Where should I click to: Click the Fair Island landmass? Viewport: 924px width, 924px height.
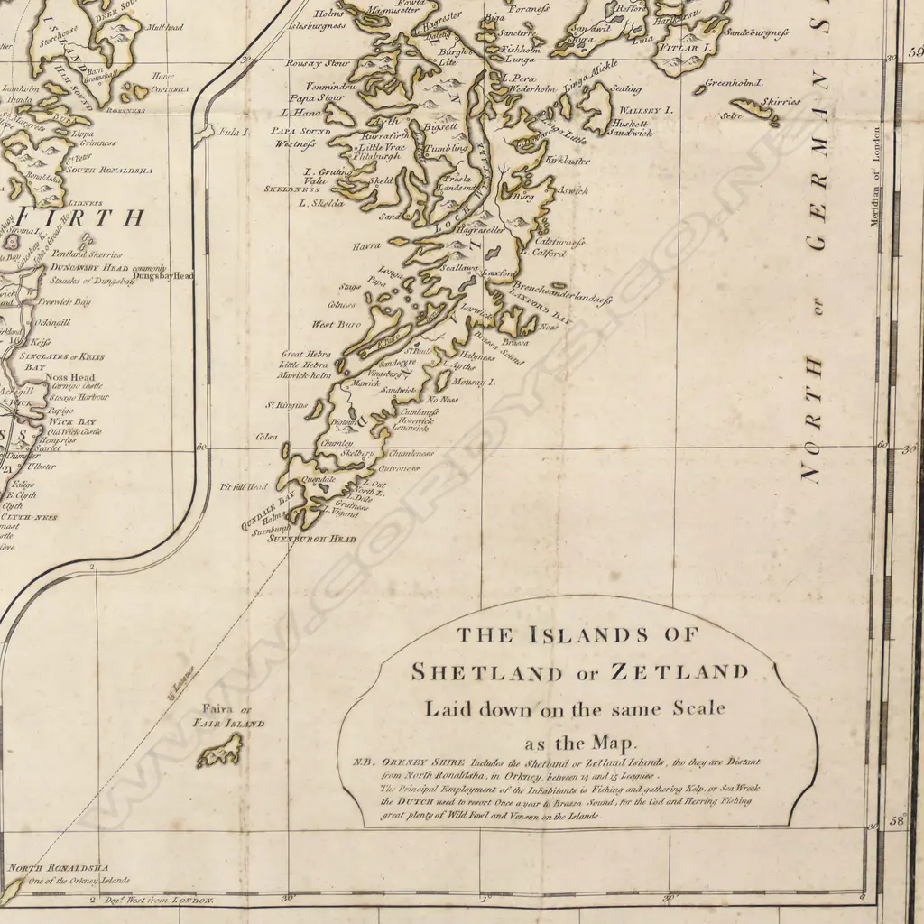[221, 750]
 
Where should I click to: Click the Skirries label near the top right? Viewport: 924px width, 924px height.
[780, 102]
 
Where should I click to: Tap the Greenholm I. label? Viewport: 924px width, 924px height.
[735, 82]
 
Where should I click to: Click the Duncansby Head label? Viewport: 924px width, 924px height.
[86, 268]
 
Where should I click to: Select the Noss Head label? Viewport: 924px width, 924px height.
[70, 377]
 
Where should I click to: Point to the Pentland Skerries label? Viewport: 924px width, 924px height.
[86, 255]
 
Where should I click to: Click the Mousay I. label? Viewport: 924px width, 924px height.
[475, 383]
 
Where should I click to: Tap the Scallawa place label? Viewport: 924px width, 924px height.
[458, 268]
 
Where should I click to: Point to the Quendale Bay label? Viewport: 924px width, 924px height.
[269, 506]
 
